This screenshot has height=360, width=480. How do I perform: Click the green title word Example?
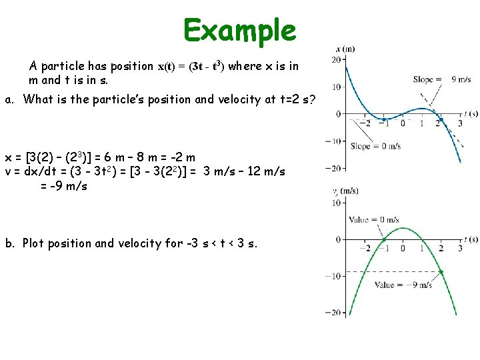coord(240,30)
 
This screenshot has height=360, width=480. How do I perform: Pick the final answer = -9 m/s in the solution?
coord(63,186)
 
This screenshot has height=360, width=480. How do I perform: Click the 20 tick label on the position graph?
coord(337,60)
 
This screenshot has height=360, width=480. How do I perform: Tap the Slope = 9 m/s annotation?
coord(442,79)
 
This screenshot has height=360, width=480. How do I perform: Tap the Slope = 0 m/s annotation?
coord(375,146)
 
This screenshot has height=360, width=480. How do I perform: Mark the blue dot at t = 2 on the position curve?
coord(440,121)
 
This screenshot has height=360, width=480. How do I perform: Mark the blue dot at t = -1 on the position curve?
coord(383,119)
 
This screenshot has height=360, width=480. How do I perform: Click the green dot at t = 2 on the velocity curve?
coord(441,271)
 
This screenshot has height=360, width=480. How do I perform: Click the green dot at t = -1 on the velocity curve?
coord(384,239)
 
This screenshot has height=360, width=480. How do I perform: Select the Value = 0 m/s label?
coord(374,219)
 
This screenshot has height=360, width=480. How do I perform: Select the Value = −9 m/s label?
coord(403,285)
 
